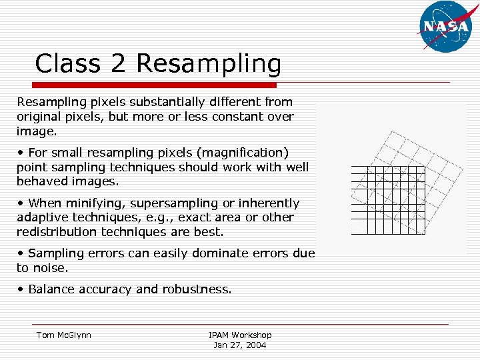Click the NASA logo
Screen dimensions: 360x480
(x=444, y=27)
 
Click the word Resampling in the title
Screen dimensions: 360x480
(x=209, y=65)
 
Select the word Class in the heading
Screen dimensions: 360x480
(x=65, y=65)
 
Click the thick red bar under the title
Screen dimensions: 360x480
(x=146, y=85)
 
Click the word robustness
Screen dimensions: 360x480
(x=197, y=289)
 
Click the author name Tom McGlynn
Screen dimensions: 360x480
(x=63, y=335)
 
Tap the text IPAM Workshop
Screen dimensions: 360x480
(x=240, y=335)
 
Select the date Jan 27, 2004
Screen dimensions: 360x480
(x=240, y=345)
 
